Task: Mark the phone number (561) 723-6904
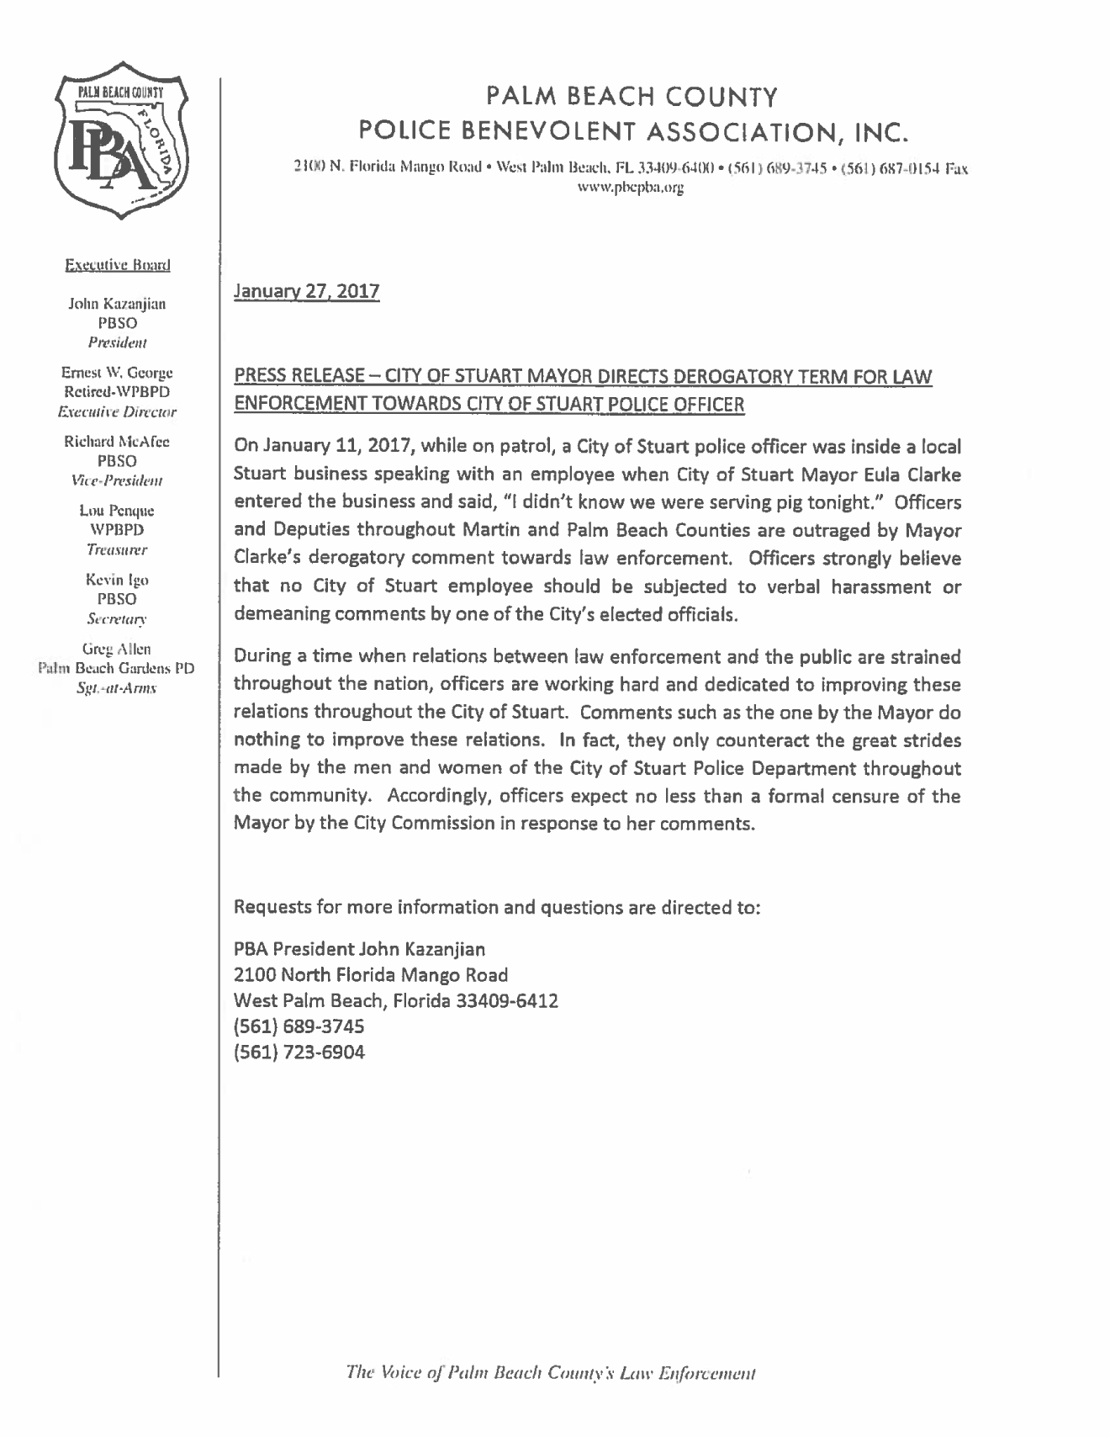(x=299, y=1052)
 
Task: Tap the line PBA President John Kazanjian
(x=359, y=949)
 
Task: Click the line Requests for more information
(x=497, y=908)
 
